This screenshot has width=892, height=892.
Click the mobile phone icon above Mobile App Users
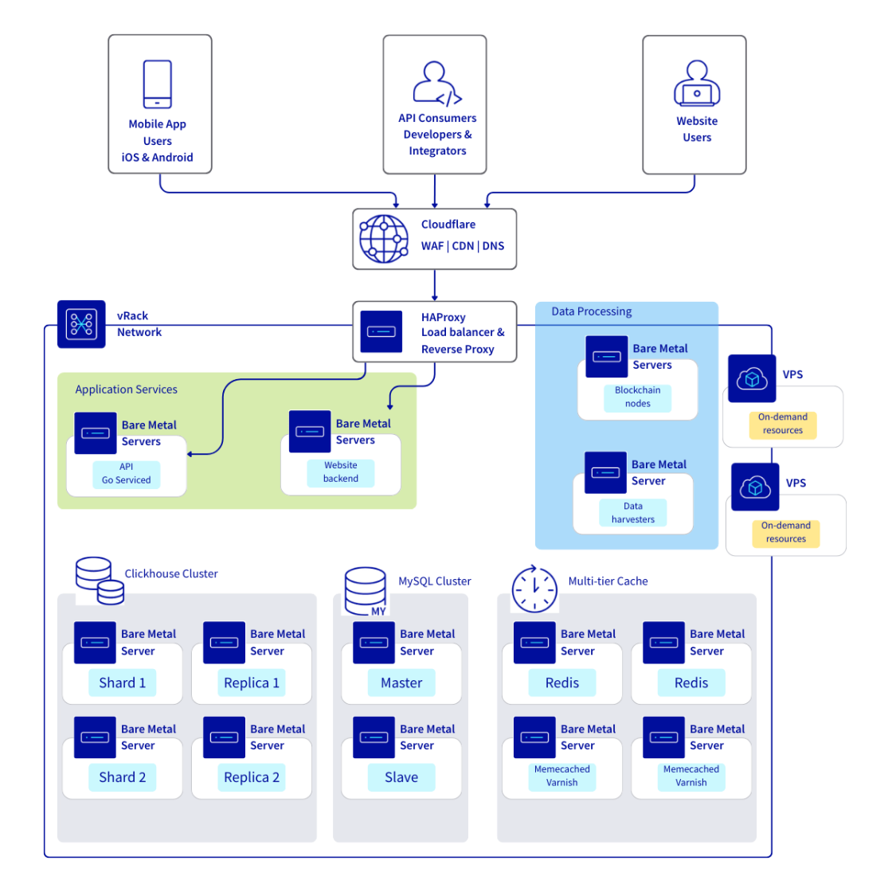(x=157, y=84)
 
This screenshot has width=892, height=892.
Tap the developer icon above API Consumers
(x=436, y=84)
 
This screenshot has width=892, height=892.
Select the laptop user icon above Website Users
(x=697, y=84)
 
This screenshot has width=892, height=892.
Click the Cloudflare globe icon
(x=384, y=239)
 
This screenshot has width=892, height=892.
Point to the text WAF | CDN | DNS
(x=462, y=246)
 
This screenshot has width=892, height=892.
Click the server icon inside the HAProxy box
(x=381, y=331)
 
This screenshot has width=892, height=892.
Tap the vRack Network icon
(x=81, y=324)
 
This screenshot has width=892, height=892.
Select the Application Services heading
(x=126, y=389)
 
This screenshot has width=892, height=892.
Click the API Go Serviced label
(x=126, y=474)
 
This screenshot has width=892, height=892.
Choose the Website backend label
(x=340, y=472)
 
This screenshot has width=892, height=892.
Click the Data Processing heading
(x=591, y=311)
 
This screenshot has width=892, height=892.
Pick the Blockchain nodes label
(x=637, y=397)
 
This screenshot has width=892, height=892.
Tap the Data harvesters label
(x=632, y=513)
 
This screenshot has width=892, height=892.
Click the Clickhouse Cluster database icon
(x=100, y=581)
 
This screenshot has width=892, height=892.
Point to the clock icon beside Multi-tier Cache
(x=534, y=590)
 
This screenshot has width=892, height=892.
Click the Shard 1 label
(x=122, y=683)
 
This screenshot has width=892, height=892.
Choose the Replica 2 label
(x=252, y=777)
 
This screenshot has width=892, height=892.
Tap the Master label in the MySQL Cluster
(x=401, y=683)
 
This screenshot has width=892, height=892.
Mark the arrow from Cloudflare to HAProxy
(x=435, y=286)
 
